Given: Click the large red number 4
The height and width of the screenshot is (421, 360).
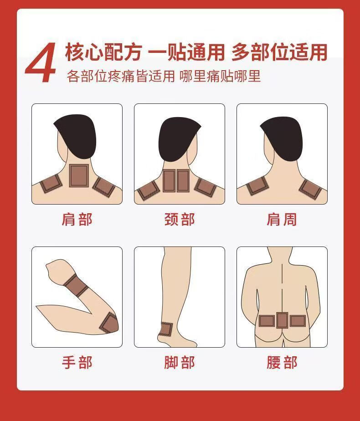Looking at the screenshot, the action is pos(41,62).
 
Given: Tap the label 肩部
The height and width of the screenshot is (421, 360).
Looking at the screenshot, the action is pos(77,219).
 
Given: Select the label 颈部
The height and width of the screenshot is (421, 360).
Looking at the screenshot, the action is pos(180,219).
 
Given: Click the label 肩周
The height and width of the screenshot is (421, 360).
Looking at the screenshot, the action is pos(282,219).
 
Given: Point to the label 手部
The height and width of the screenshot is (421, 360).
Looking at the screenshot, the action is pos(77,363).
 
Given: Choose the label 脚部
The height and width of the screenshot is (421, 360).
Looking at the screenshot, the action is pos(180,363).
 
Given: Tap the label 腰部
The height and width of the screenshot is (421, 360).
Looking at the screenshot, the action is pos(282,363).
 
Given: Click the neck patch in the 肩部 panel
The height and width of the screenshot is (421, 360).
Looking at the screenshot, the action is pos(79,175).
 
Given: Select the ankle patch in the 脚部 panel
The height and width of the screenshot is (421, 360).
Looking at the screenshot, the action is pos(165,329).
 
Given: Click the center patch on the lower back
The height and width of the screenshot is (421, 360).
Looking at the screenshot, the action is pos(282,320).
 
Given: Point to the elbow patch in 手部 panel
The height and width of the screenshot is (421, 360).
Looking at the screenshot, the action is pos(109,323).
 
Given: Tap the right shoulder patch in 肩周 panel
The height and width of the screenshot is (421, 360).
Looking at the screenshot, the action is pos(310,189).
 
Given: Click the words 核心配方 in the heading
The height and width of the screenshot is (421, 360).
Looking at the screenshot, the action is pos(103,52).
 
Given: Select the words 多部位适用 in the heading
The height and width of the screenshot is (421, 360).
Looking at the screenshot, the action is pos(279,52).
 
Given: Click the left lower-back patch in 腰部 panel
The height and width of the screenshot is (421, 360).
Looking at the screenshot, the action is pos(267,321).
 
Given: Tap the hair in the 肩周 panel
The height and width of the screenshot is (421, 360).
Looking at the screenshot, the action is pos(281,139).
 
